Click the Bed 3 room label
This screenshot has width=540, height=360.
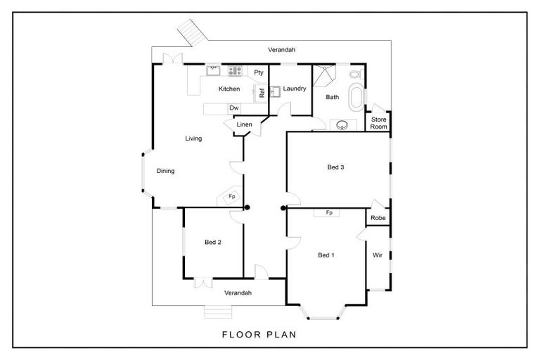pyautogui.click(x=335, y=167)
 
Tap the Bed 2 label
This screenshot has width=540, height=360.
pyautogui.click(x=213, y=242)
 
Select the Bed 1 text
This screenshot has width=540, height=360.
pyautogui.click(x=326, y=255)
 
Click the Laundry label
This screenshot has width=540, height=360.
pyautogui.click(x=295, y=89)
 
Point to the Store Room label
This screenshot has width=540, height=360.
pyautogui.click(x=378, y=123)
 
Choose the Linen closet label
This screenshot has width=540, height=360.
pyautogui.click(x=244, y=124)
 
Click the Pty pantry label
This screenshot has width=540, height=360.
pyautogui.click(x=259, y=72)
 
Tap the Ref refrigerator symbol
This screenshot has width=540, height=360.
pyautogui.click(x=261, y=93)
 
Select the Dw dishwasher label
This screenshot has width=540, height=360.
pyautogui.click(x=234, y=108)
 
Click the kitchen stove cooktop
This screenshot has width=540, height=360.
pyautogui.click(x=236, y=71)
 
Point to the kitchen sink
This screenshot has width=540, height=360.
pyautogui.click(x=213, y=71)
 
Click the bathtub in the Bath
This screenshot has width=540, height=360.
pyautogui.click(x=356, y=97)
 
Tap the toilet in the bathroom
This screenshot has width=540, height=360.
pyautogui.click(x=355, y=74)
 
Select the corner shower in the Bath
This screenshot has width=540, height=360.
pyautogui.click(x=323, y=75)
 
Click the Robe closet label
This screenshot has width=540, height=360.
pyautogui.click(x=378, y=218)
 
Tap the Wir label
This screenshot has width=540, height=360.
pyautogui.click(x=378, y=255)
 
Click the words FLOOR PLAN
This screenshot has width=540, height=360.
pyautogui.click(x=259, y=335)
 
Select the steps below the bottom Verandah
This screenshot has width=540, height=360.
pyautogui.click(x=219, y=312)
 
